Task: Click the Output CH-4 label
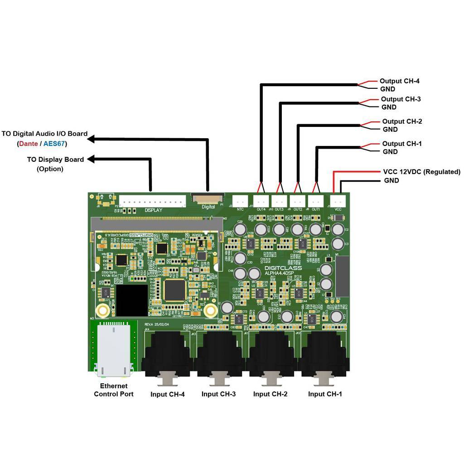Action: (399, 81)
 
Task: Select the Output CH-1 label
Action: (402, 144)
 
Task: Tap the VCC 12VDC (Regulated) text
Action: (421, 172)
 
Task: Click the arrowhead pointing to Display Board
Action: (91, 159)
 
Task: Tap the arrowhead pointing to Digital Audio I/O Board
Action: (91, 139)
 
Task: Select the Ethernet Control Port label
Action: (114, 390)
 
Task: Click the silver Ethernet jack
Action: (114, 349)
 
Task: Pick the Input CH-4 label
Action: (168, 394)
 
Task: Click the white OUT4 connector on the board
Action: (261, 200)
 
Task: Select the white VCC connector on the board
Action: (338, 200)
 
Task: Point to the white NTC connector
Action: (241, 200)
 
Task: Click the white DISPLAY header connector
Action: (153, 201)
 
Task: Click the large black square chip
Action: (131, 300)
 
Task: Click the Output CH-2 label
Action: (402, 121)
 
